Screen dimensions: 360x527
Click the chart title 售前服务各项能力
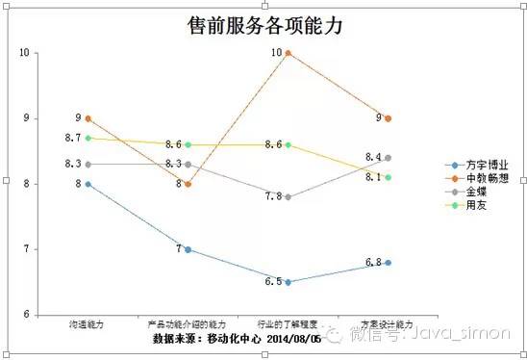(x=264, y=25)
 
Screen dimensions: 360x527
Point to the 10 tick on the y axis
(x=25, y=52)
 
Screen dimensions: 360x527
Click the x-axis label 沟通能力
(x=88, y=325)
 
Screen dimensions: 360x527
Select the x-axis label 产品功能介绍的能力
(x=188, y=325)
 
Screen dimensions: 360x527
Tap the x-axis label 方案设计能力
(x=388, y=325)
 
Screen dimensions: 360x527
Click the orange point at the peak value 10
(x=289, y=52)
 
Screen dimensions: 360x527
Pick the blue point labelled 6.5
(x=289, y=282)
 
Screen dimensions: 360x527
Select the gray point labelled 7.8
(x=289, y=196)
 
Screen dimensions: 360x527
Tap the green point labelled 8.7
(x=88, y=138)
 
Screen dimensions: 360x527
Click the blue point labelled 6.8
(x=389, y=262)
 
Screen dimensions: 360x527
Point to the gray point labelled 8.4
(x=389, y=157)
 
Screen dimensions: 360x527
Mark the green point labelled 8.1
(x=389, y=177)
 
